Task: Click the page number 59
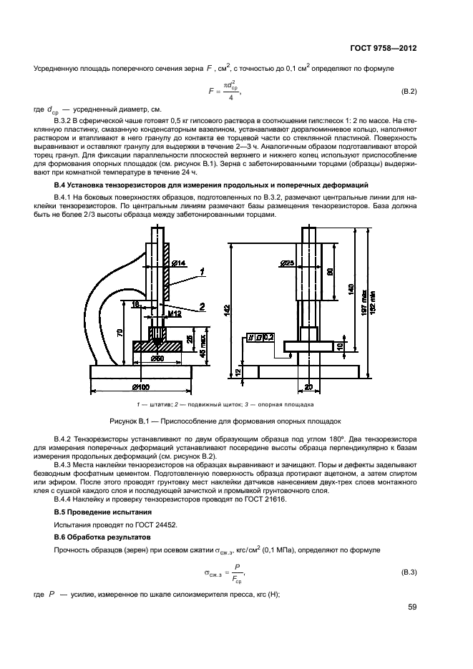click(x=411, y=608)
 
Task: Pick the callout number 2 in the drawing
click(x=203, y=306)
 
